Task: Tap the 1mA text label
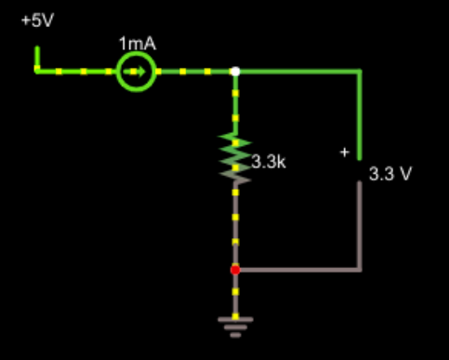(x=136, y=44)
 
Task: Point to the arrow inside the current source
(x=140, y=71)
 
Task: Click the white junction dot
(x=235, y=71)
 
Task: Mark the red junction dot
(x=235, y=270)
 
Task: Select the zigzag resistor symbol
(x=235, y=154)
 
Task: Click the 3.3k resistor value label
(x=268, y=162)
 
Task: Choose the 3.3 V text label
(x=390, y=174)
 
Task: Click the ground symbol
(x=235, y=323)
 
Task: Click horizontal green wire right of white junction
(x=297, y=71)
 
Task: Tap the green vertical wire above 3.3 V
(x=360, y=112)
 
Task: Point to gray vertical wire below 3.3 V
(x=360, y=228)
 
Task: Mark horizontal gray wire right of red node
(x=297, y=270)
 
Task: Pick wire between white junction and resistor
(x=235, y=102)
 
